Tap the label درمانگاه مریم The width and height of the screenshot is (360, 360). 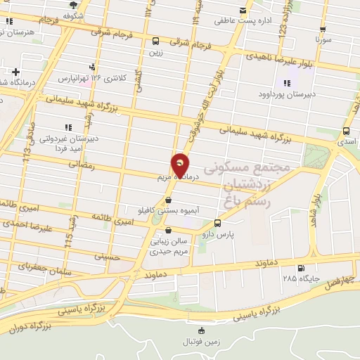(x=176, y=178)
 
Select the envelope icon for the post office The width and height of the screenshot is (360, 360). (x=243, y=11)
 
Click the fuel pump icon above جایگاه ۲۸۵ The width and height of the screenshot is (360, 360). (x=301, y=268)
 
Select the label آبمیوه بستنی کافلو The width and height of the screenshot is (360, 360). (x=167, y=210)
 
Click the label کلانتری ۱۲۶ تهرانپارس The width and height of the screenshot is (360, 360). (x=95, y=76)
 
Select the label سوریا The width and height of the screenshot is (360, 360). (x=323, y=41)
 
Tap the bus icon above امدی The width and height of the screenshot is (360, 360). (x=346, y=131)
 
